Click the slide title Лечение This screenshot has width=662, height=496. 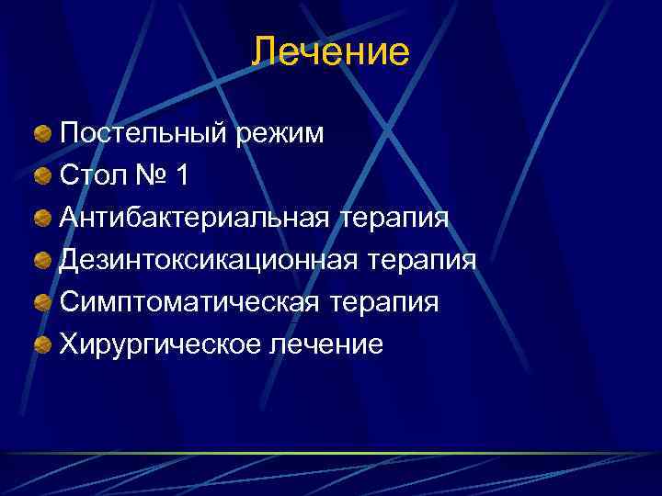(x=330, y=51)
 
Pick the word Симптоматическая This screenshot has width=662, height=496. (x=189, y=303)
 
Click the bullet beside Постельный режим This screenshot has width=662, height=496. (x=43, y=135)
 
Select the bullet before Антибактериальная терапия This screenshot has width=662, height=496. (x=43, y=220)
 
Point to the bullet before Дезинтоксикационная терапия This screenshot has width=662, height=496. (x=43, y=262)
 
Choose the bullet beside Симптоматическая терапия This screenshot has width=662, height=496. (x=43, y=304)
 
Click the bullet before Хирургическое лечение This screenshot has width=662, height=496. (x=43, y=346)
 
